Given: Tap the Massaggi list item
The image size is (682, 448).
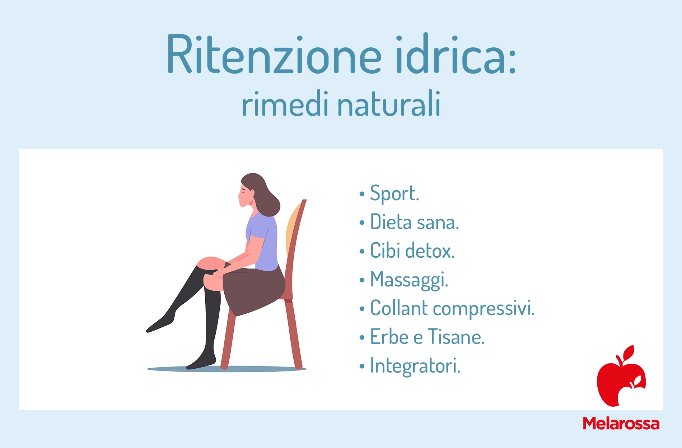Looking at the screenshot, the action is tap(409, 280).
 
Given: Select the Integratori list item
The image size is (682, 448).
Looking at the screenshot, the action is tap(415, 366).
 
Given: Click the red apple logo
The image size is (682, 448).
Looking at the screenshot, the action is tap(621, 377).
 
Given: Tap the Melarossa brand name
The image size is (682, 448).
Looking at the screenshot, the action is tap(621, 424).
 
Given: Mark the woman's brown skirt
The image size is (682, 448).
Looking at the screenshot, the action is tap(253, 291).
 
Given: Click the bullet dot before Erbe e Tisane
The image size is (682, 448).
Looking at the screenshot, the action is tap(362, 338).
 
